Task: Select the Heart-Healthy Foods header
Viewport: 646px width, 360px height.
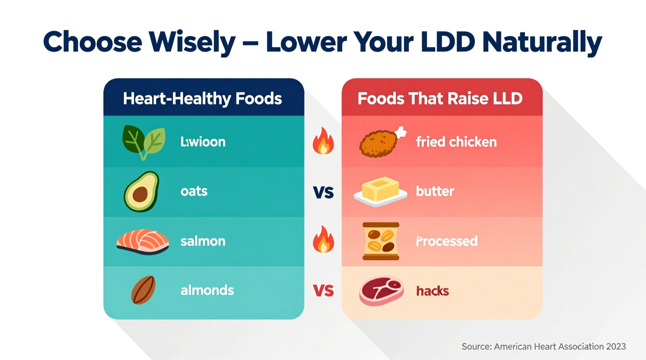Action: (202, 99)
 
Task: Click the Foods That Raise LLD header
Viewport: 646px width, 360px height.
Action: (440, 99)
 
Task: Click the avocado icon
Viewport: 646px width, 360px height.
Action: (142, 192)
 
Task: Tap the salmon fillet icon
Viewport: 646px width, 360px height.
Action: (142, 241)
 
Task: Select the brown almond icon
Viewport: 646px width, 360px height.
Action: (143, 290)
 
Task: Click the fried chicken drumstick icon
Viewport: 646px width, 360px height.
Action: (382, 142)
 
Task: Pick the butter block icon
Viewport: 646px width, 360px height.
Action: (380, 191)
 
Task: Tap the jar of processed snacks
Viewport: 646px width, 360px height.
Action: (381, 241)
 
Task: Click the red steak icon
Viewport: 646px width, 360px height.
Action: (381, 291)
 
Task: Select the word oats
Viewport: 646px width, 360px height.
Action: (194, 191)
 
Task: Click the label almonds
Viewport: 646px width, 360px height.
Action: (207, 291)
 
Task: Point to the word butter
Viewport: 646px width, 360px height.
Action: (435, 191)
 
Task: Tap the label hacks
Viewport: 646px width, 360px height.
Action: (432, 291)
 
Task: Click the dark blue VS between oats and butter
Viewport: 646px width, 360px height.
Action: (323, 192)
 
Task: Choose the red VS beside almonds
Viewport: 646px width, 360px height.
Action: (323, 291)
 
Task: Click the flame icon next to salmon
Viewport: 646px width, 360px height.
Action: (323, 240)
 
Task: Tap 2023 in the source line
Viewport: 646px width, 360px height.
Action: (616, 346)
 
